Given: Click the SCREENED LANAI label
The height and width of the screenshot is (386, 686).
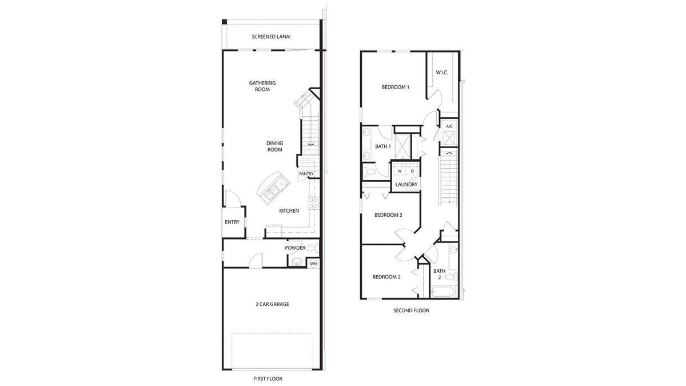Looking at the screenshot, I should [272, 38].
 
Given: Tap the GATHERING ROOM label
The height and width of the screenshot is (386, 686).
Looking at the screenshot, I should [262, 86].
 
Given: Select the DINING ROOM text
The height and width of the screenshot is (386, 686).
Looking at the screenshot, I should [274, 146].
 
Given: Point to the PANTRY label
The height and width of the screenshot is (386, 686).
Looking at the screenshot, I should [306, 174].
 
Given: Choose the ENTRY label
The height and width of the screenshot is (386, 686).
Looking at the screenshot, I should [232, 222].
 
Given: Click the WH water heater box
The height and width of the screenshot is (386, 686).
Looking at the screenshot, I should [313, 264].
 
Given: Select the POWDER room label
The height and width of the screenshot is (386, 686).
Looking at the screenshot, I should [295, 248].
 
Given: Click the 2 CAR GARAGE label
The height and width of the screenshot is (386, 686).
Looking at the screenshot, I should [272, 304].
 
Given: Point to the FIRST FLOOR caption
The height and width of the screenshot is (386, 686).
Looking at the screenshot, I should [268, 379].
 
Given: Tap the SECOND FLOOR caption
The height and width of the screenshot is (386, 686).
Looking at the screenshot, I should [410, 311].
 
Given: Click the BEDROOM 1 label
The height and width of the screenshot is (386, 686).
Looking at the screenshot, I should [396, 87].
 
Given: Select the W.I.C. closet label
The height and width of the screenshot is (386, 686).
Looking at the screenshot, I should [442, 73].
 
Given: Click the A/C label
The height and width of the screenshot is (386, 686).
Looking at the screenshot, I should [449, 126].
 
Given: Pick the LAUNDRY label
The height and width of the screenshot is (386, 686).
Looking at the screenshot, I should [406, 184].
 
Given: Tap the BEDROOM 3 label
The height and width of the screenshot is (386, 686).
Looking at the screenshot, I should [388, 215].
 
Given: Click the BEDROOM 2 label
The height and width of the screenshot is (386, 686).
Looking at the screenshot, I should [386, 277].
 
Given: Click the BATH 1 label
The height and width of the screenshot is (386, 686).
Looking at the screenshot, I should [382, 146].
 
